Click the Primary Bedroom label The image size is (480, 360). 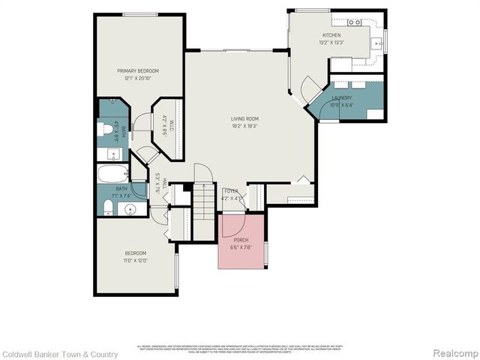139,71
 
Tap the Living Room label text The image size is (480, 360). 244,118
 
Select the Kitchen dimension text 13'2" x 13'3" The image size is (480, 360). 331,43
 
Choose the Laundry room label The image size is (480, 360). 342,97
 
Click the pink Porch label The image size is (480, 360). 241,240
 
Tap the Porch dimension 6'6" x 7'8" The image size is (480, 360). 241,247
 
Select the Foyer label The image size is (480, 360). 231,191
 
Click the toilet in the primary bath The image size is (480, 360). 107,129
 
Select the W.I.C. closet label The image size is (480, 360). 172,128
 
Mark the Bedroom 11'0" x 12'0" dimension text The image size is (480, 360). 136,260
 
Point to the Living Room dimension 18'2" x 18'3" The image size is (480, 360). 244,125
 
